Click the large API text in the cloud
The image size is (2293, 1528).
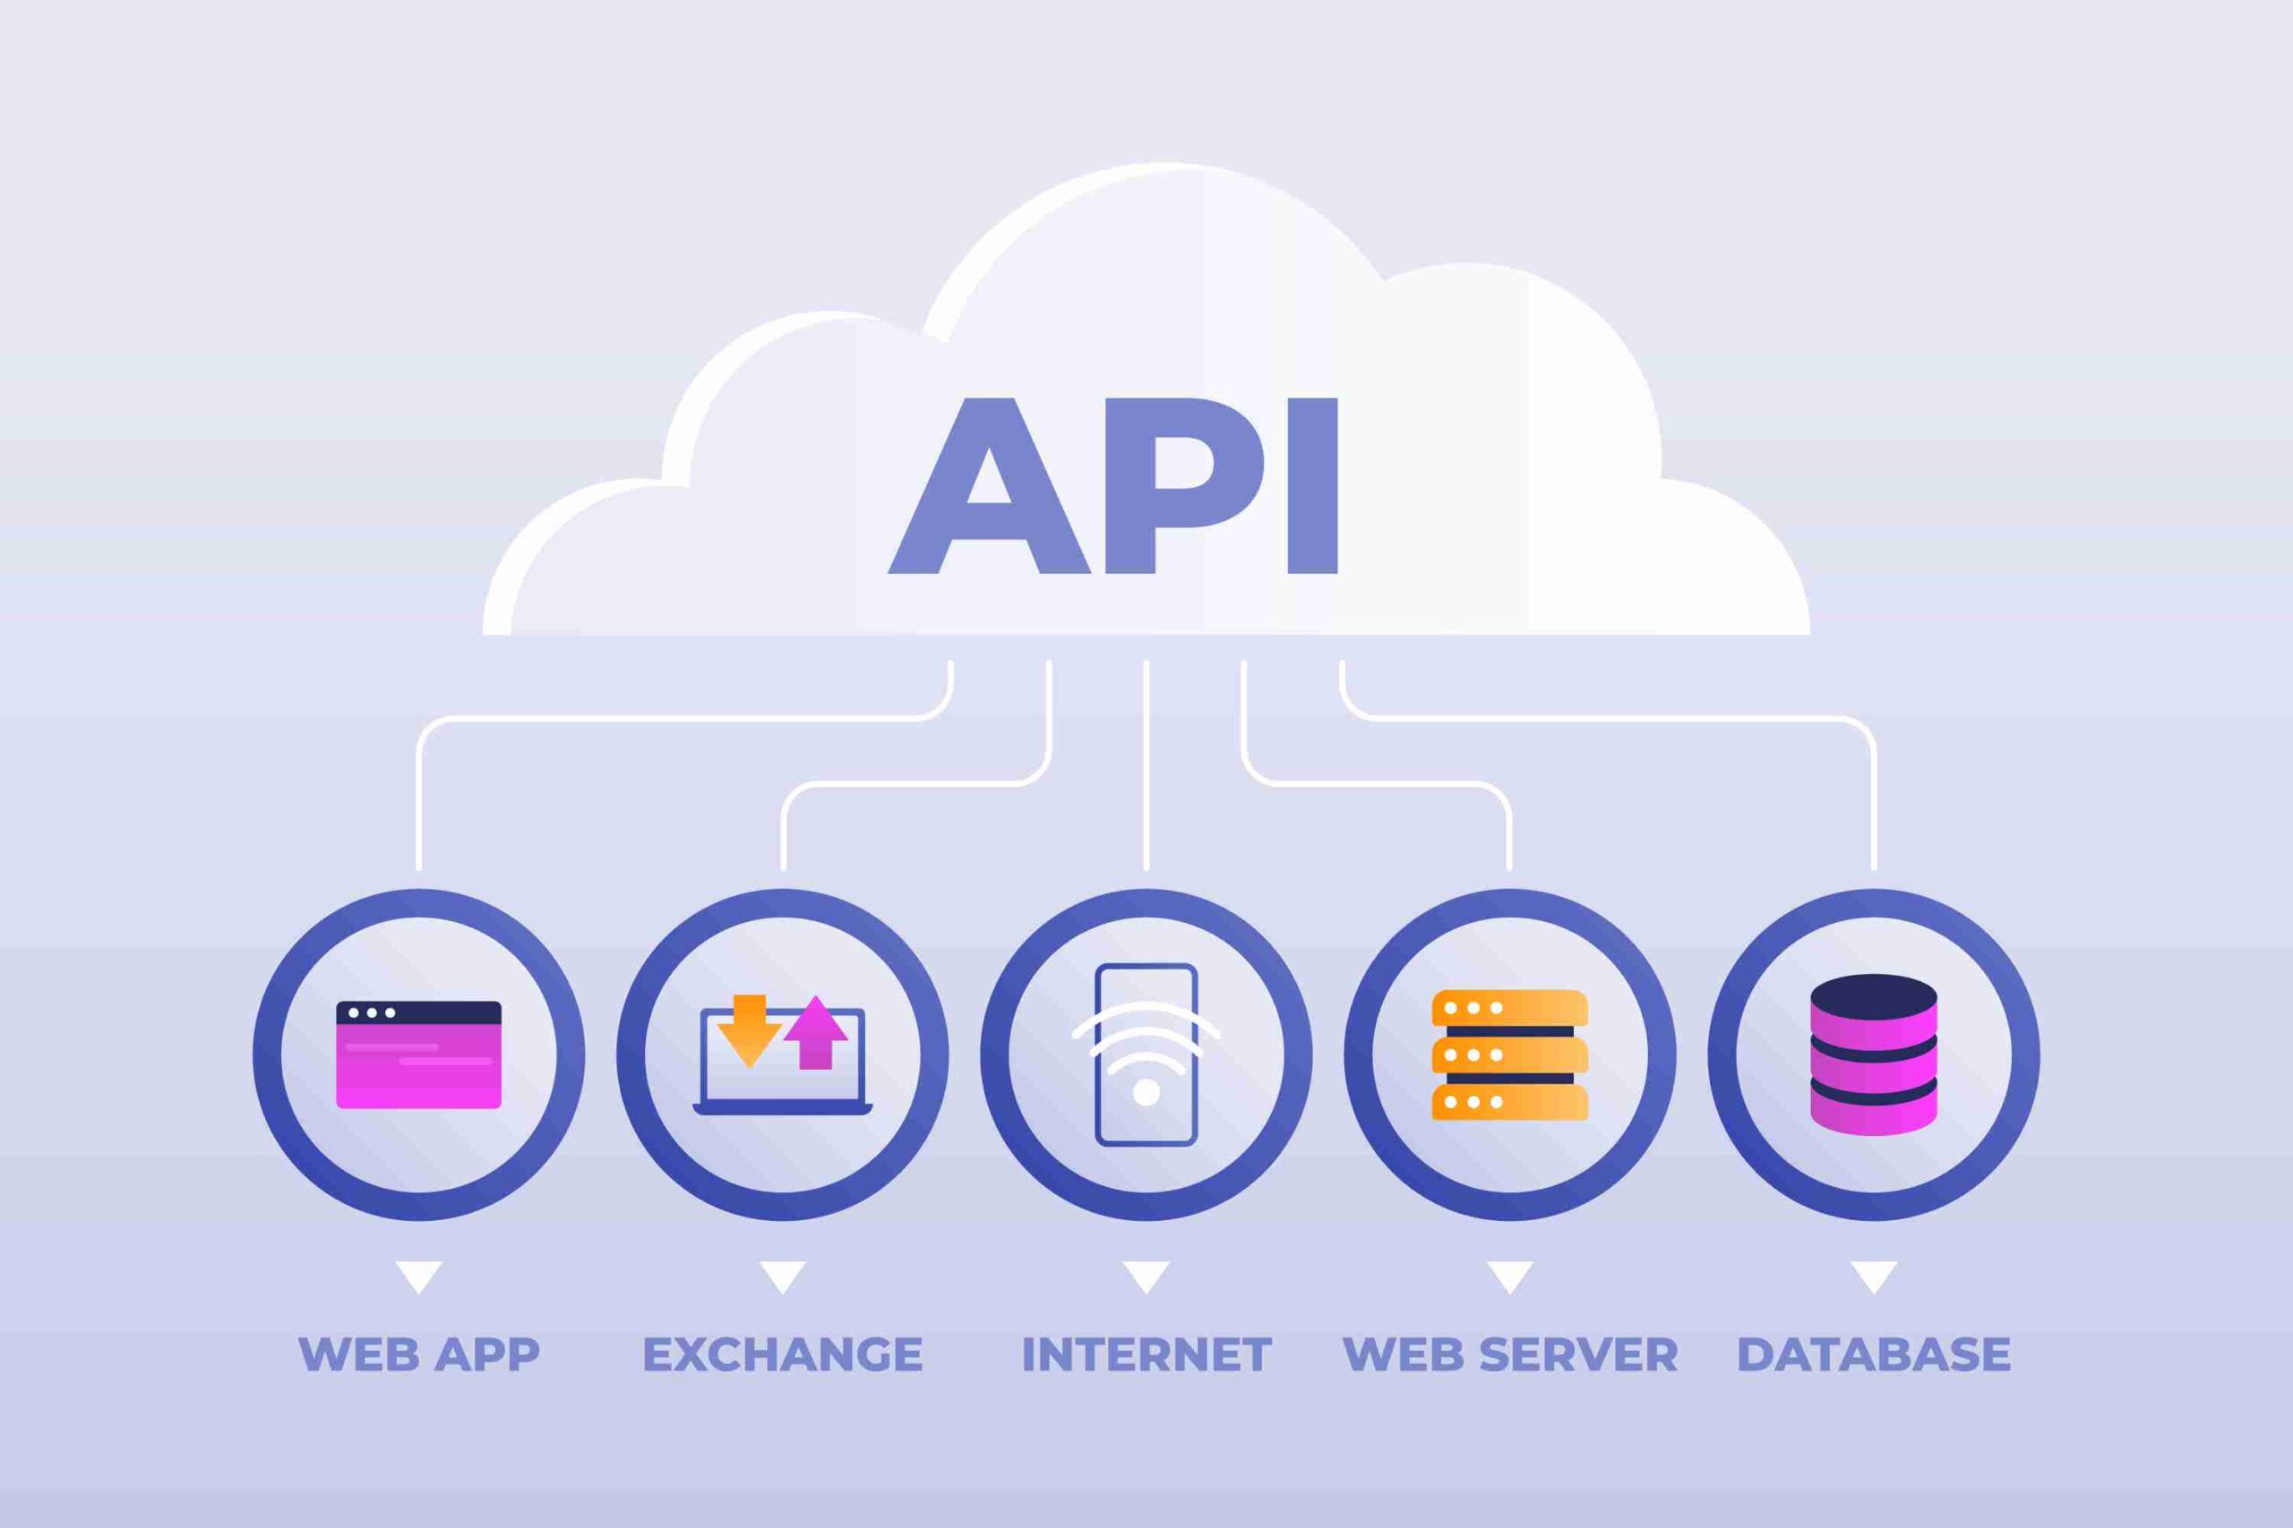[1112, 484]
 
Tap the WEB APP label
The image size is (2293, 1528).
[419, 1353]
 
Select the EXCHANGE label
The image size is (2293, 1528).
[783, 1353]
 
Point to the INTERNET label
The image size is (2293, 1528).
[1146, 1353]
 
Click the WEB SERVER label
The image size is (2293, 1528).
[1510, 1353]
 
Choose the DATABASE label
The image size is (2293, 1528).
[1874, 1353]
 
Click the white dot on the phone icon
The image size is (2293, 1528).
[1146, 1092]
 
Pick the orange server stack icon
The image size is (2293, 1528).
[1510, 1054]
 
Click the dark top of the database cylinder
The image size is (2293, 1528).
[1874, 996]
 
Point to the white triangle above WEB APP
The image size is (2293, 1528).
[419, 1276]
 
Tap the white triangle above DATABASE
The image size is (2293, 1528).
[1874, 1276]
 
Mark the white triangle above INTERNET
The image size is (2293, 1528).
[1146, 1276]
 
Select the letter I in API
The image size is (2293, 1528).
[1312, 484]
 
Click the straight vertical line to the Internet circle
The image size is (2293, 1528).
[1146, 765]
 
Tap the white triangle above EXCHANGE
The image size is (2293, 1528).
[783, 1276]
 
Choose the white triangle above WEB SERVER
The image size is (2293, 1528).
[1510, 1276]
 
